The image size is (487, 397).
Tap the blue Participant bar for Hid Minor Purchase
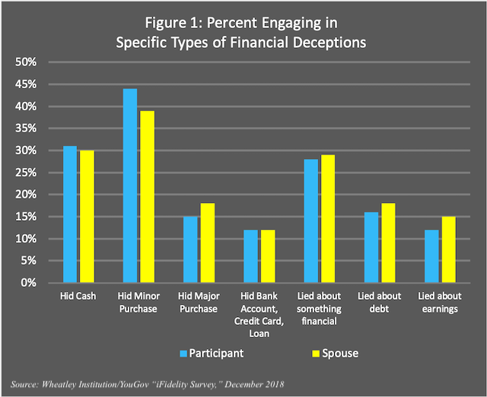130,186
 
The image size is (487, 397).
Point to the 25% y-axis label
26,173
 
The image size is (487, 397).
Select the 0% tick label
29,283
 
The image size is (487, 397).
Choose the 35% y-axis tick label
26,129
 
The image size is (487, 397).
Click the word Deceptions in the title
327,43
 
